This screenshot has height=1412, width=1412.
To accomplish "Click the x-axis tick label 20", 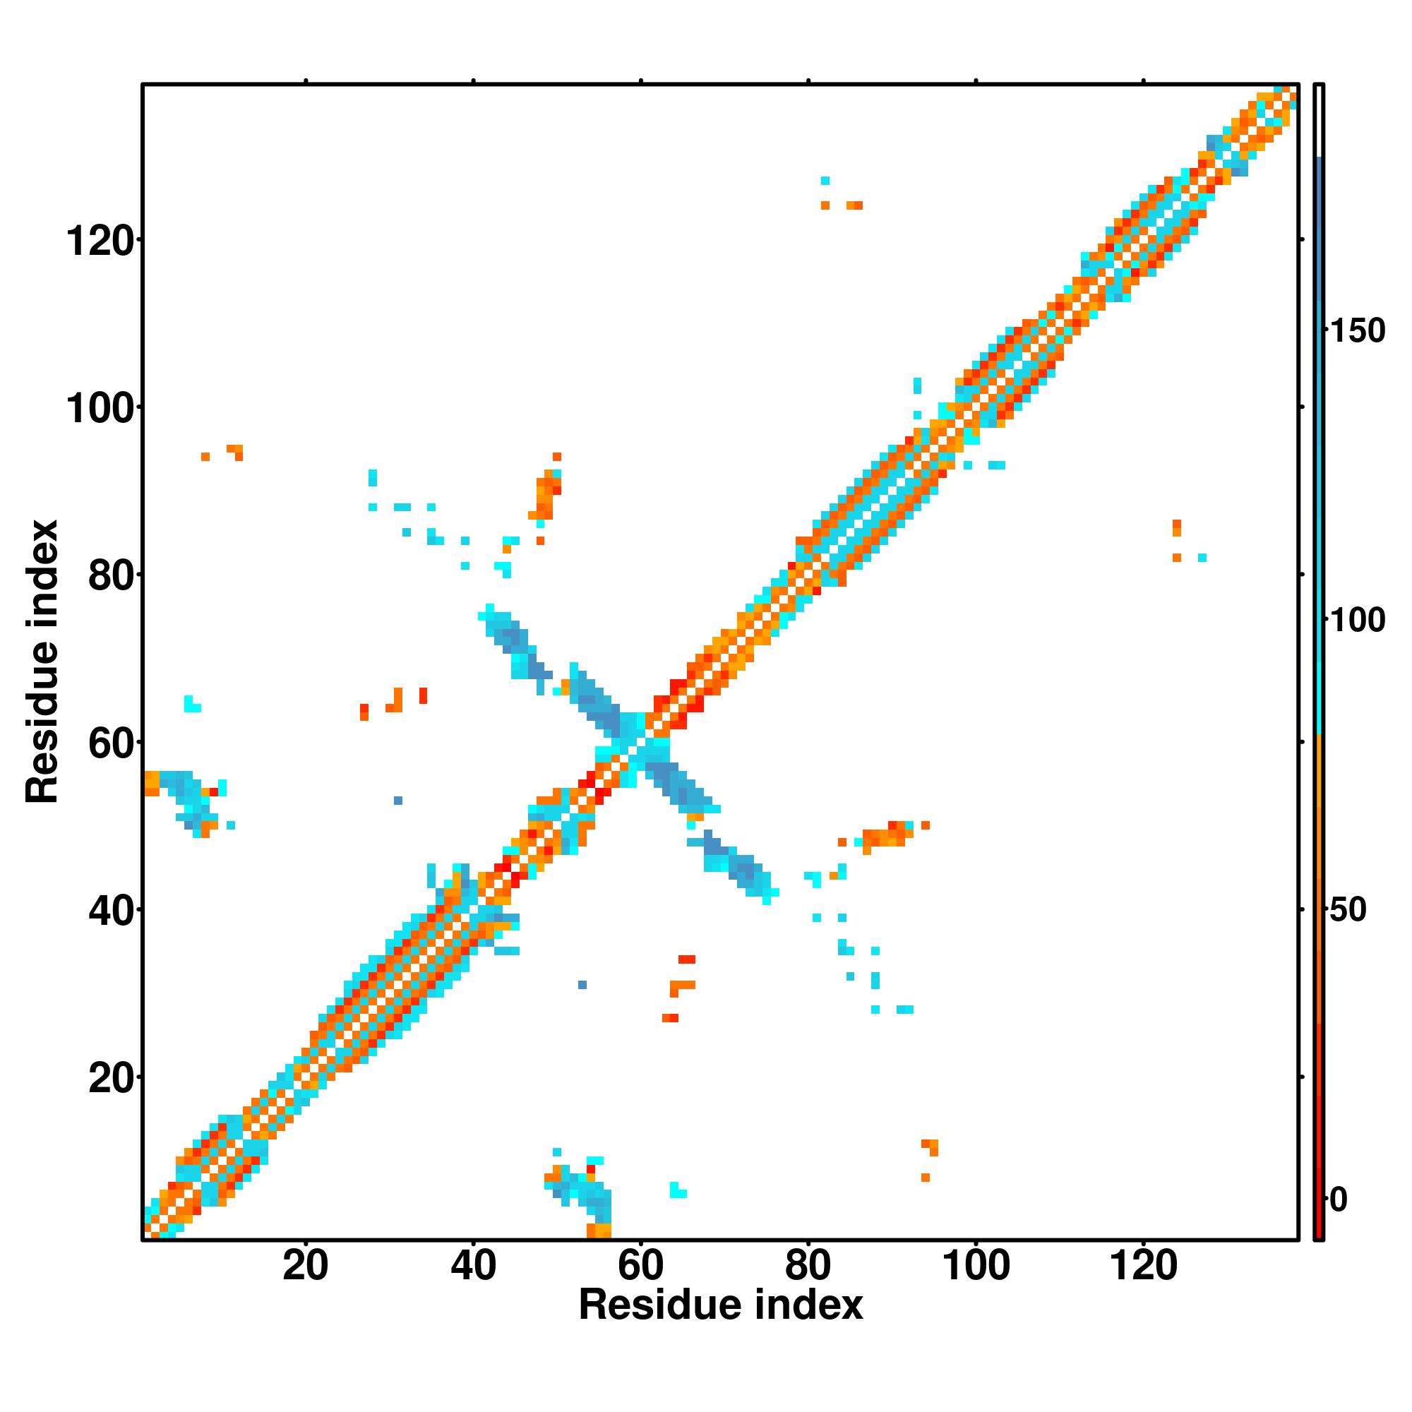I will click(x=306, y=1267).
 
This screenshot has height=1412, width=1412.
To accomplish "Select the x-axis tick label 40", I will click(x=473, y=1267).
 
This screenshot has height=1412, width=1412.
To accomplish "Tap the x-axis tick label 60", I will click(x=640, y=1267).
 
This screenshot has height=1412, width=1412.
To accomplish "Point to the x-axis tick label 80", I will click(x=808, y=1267).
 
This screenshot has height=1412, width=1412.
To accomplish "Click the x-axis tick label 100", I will click(x=976, y=1267).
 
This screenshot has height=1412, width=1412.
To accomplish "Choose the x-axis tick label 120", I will click(x=1144, y=1267).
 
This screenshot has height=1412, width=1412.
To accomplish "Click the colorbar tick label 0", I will click(x=1339, y=1200).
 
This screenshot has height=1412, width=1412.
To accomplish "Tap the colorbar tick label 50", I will click(x=1348, y=911).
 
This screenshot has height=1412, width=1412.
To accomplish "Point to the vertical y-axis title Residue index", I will click(x=42, y=662).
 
